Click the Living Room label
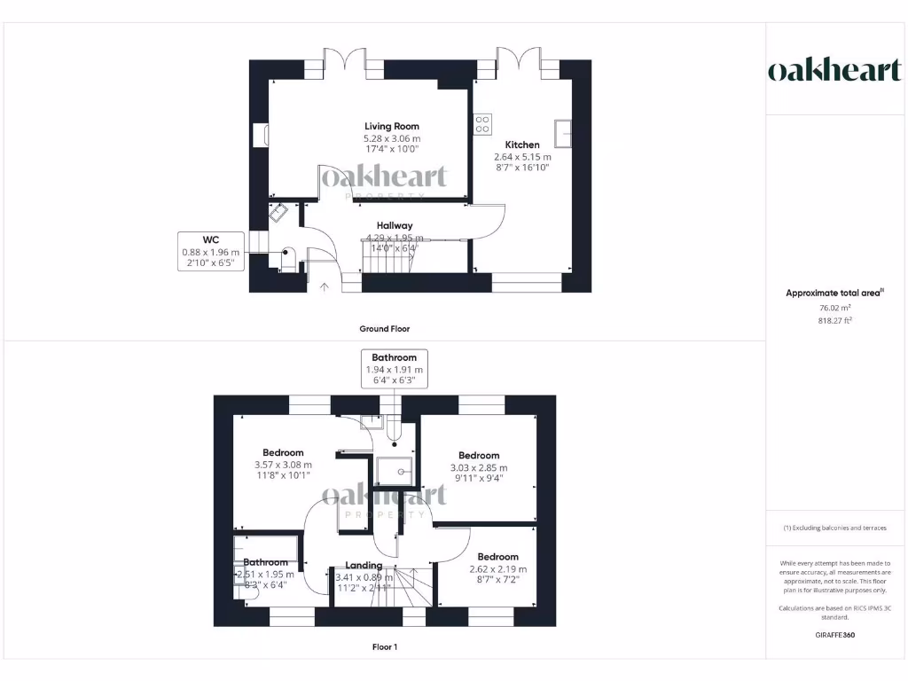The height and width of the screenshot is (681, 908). click(x=391, y=127)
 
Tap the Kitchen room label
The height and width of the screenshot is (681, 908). click(x=522, y=145)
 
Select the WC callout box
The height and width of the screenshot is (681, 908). click(x=210, y=251)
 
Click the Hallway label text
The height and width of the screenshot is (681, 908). click(x=394, y=225)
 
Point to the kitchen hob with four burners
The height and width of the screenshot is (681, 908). click(x=482, y=124)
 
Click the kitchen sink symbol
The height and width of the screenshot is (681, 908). click(x=565, y=132)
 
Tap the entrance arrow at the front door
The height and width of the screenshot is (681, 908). click(x=324, y=286)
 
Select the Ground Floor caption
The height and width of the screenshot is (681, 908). click(x=384, y=328)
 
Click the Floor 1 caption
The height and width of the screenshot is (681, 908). click(x=384, y=647)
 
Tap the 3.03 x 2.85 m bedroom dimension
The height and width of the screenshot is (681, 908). click(x=479, y=467)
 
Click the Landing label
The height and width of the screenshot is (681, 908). click(x=364, y=565)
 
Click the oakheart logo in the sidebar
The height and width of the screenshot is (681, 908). click(x=834, y=71)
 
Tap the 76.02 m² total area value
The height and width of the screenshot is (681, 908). click(x=834, y=308)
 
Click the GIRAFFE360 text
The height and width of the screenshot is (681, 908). click(x=834, y=635)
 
